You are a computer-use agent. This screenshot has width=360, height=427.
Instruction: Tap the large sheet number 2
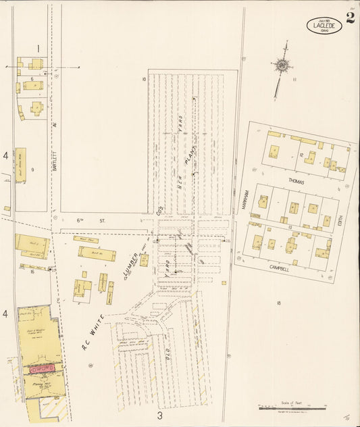tap(350, 18)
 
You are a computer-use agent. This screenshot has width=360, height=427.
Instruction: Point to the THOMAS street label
tap(297, 182)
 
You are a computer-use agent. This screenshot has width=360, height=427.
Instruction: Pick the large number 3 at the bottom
tap(159, 414)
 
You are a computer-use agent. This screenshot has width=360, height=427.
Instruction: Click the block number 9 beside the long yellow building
tap(32, 169)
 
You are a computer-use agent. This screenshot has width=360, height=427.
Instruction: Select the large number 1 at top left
tap(38, 48)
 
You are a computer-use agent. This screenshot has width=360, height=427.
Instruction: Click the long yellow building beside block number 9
tap(21, 166)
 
